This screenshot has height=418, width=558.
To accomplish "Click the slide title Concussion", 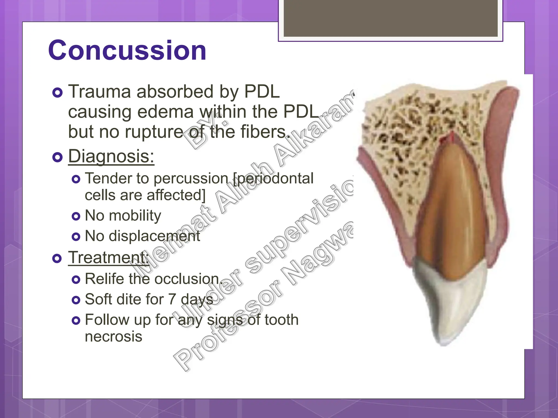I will click(x=127, y=51).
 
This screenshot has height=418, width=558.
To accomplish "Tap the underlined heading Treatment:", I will click(x=108, y=257).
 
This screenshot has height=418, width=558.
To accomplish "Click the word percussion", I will click(x=191, y=179).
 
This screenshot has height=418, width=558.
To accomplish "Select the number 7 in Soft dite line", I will click(x=172, y=299).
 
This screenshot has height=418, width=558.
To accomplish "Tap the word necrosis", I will click(x=113, y=337).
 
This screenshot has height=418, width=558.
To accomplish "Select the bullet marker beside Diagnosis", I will click(x=57, y=157).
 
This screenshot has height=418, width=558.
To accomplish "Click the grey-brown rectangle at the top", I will click(x=390, y=18).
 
